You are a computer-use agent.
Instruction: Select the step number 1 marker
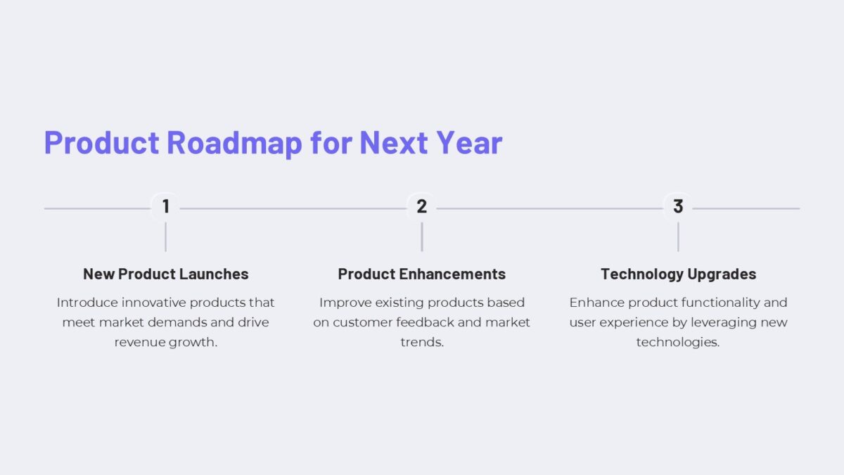tap(165, 207)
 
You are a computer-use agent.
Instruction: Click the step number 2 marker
tap(422, 207)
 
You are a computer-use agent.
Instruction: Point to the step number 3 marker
tap(678, 207)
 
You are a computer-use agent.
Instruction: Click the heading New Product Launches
tap(165, 274)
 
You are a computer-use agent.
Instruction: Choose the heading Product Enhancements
tap(422, 274)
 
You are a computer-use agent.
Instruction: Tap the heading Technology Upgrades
tap(678, 274)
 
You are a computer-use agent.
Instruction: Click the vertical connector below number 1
tap(165, 237)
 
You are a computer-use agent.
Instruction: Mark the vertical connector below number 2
tap(422, 237)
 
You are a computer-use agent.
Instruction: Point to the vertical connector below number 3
tap(678, 237)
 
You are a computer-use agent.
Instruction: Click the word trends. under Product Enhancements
tap(422, 343)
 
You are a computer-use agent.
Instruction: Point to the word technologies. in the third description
tap(678, 343)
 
